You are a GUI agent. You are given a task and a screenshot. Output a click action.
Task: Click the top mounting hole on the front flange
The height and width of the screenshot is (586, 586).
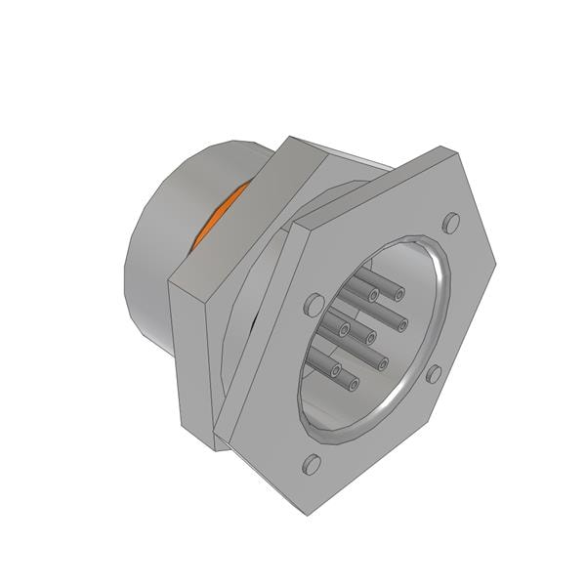tap(451, 223)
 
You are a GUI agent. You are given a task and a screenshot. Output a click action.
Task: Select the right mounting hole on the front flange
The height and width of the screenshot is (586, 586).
tap(436, 372)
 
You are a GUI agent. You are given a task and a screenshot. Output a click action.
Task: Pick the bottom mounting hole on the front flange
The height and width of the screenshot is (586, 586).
tap(312, 464)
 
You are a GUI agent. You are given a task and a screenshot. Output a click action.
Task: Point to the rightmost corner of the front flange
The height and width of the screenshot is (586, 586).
tap(496, 262)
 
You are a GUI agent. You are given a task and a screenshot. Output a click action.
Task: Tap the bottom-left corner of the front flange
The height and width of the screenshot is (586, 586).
tap(231, 439)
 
